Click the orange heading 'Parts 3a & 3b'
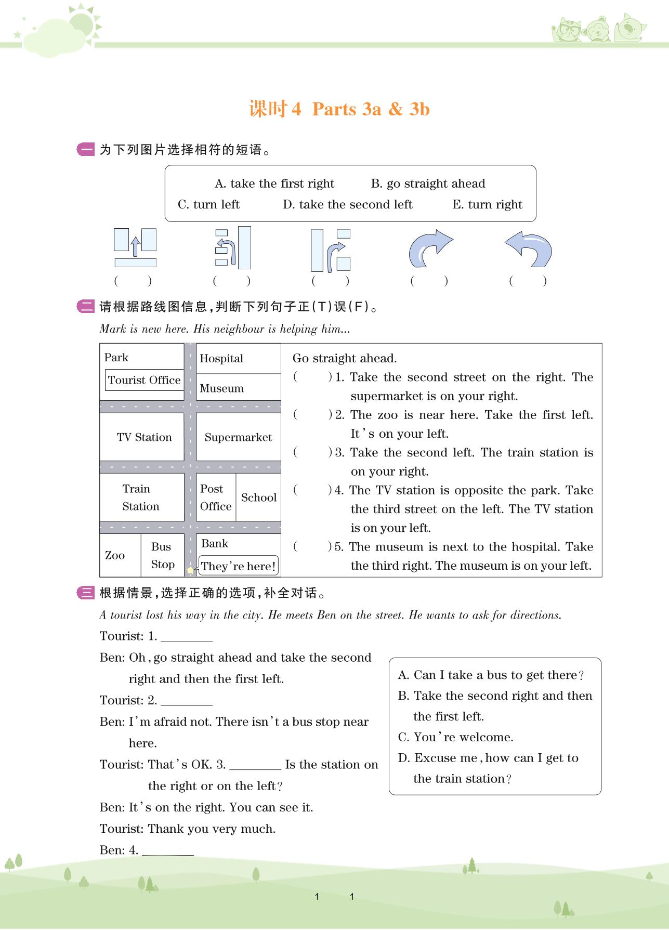coord(371,109)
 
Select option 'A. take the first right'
coord(274,184)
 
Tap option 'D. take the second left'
coord(347,205)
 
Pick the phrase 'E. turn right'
coord(487,205)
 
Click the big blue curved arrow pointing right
coord(430,248)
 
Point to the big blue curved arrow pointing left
coord(529,248)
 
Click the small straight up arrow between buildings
coord(135,246)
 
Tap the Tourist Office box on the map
coord(144,380)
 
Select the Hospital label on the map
coord(221,359)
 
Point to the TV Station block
coord(143,437)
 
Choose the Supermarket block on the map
coord(238,437)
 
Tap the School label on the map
coord(258,497)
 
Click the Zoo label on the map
coord(115,555)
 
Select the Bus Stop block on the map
coord(162,555)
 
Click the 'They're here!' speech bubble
coord(239,566)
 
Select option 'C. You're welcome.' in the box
coord(455,737)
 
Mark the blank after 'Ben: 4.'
coord(167,851)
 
